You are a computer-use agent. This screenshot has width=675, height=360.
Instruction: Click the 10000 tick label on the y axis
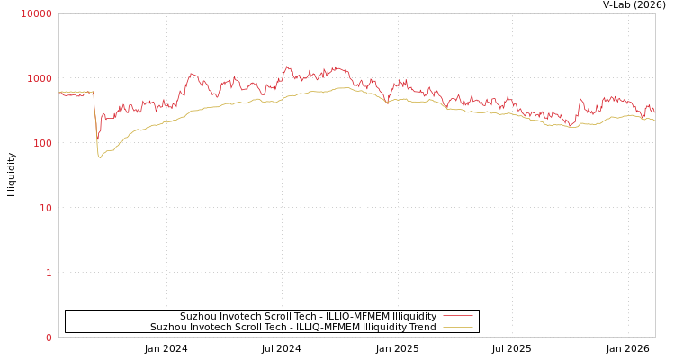(x=36, y=13)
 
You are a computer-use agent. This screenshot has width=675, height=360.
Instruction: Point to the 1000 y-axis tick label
(x=39, y=78)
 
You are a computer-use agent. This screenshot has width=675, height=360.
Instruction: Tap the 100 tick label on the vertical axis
(x=41, y=143)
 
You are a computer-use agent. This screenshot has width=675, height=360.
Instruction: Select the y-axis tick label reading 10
(x=44, y=208)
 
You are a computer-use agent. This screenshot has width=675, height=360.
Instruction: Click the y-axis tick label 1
(x=49, y=273)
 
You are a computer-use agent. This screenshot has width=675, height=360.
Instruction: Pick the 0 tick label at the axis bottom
(x=49, y=337)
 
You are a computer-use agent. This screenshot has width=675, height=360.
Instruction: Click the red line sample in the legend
(x=457, y=316)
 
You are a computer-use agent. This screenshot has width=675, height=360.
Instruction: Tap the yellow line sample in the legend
(x=457, y=327)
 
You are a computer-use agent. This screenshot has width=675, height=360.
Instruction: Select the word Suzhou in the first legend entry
(x=198, y=316)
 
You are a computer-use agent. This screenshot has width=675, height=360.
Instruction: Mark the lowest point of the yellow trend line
(x=100, y=158)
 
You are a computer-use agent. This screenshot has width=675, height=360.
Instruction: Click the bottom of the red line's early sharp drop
(x=97, y=135)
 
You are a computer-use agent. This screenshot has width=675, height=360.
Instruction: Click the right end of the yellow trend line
(x=654, y=120)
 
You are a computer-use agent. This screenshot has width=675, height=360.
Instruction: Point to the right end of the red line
(x=654, y=111)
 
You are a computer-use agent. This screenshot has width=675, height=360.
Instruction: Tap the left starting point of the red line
(x=59, y=93)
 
